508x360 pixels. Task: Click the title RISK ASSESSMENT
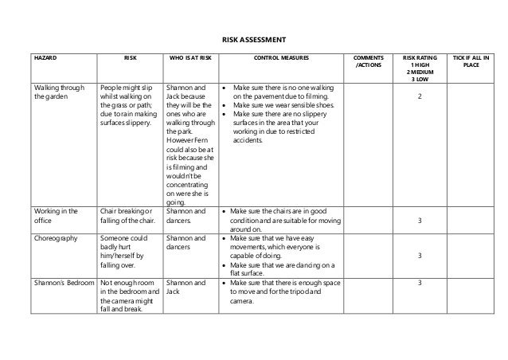click(x=253, y=40)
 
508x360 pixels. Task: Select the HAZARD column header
click(x=41, y=59)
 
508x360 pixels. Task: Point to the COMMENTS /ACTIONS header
click(x=368, y=62)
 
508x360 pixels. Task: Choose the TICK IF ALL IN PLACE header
click(x=471, y=62)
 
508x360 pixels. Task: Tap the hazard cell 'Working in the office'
click(x=54, y=216)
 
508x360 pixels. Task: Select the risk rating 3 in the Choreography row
click(x=419, y=256)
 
